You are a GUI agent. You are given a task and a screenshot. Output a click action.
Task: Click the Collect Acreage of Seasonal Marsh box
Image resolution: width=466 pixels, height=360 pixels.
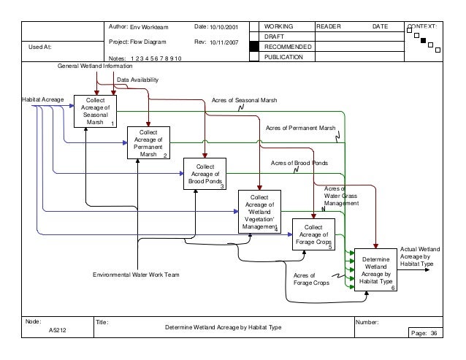coord(96,110)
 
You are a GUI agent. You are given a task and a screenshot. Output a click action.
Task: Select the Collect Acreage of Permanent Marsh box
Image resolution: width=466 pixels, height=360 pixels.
coord(148,142)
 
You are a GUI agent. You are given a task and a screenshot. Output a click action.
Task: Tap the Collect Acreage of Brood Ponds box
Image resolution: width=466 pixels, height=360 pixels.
coord(205,174)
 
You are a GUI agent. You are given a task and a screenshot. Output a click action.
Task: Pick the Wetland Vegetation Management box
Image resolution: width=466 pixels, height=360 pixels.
coord(259,211)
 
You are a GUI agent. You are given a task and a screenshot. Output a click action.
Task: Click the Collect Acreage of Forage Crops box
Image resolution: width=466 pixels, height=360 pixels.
coord(313,234)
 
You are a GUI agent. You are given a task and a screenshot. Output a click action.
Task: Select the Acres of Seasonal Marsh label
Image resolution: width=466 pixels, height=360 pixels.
coord(245,99)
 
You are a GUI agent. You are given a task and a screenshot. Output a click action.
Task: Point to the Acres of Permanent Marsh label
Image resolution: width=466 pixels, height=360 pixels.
coord(300,128)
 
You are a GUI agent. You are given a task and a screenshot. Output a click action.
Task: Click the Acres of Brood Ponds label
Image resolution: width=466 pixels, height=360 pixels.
coord(299,164)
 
